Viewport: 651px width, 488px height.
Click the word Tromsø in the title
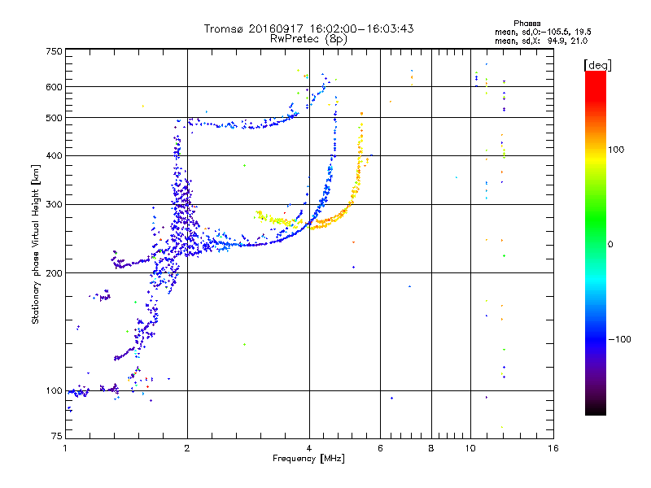pyautogui.click(x=224, y=28)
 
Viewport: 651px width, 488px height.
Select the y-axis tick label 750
pyautogui.click(x=54, y=51)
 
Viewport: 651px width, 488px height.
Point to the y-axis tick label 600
pyautogui.click(x=54, y=86)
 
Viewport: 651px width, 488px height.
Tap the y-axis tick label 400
pyautogui.click(x=54, y=155)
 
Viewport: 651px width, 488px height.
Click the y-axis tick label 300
pyautogui.click(x=54, y=204)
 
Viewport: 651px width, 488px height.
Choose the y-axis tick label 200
pyautogui.click(x=54, y=273)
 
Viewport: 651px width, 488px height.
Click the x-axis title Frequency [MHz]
pyautogui.click(x=308, y=460)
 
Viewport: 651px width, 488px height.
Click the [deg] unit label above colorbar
pyautogui.click(x=598, y=64)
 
